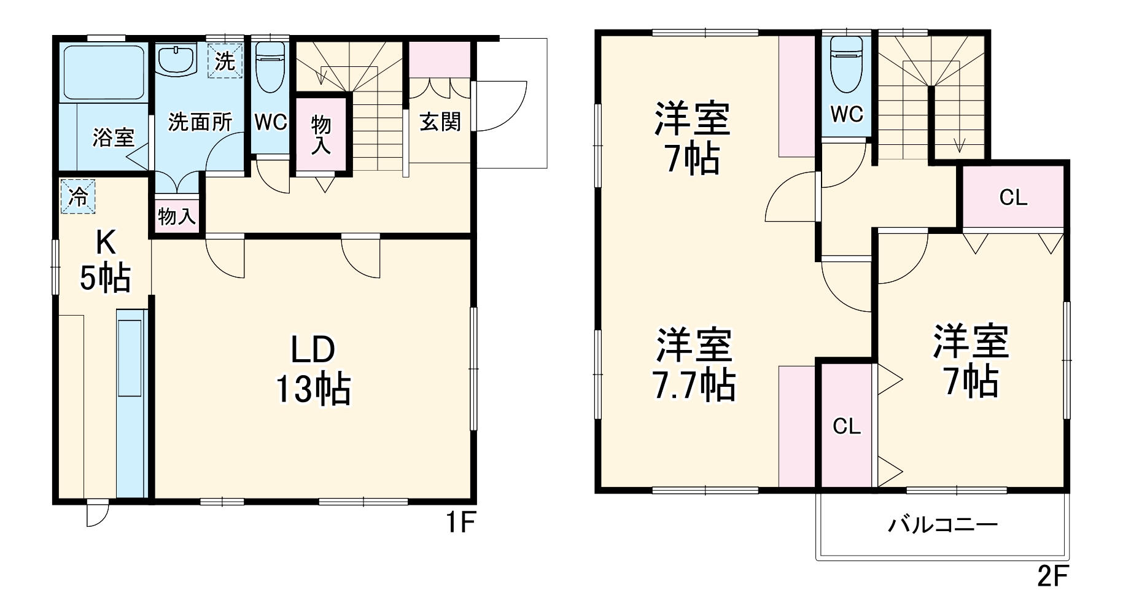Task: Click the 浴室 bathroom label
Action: click(x=113, y=137)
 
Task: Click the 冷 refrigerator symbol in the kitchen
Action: click(x=78, y=196)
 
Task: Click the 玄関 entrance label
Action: click(x=440, y=122)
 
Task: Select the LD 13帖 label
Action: click(x=313, y=368)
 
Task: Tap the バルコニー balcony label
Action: click(x=943, y=526)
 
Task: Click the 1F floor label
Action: click(x=460, y=523)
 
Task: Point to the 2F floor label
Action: click(x=1053, y=578)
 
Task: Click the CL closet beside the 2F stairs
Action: click(x=1013, y=197)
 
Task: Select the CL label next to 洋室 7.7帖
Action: click(x=847, y=426)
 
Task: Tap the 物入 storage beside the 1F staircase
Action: click(x=321, y=134)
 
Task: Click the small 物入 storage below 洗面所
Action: click(x=177, y=216)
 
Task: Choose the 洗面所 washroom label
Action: click(x=200, y=122)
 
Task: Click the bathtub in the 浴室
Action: click(x=103, y=72)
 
